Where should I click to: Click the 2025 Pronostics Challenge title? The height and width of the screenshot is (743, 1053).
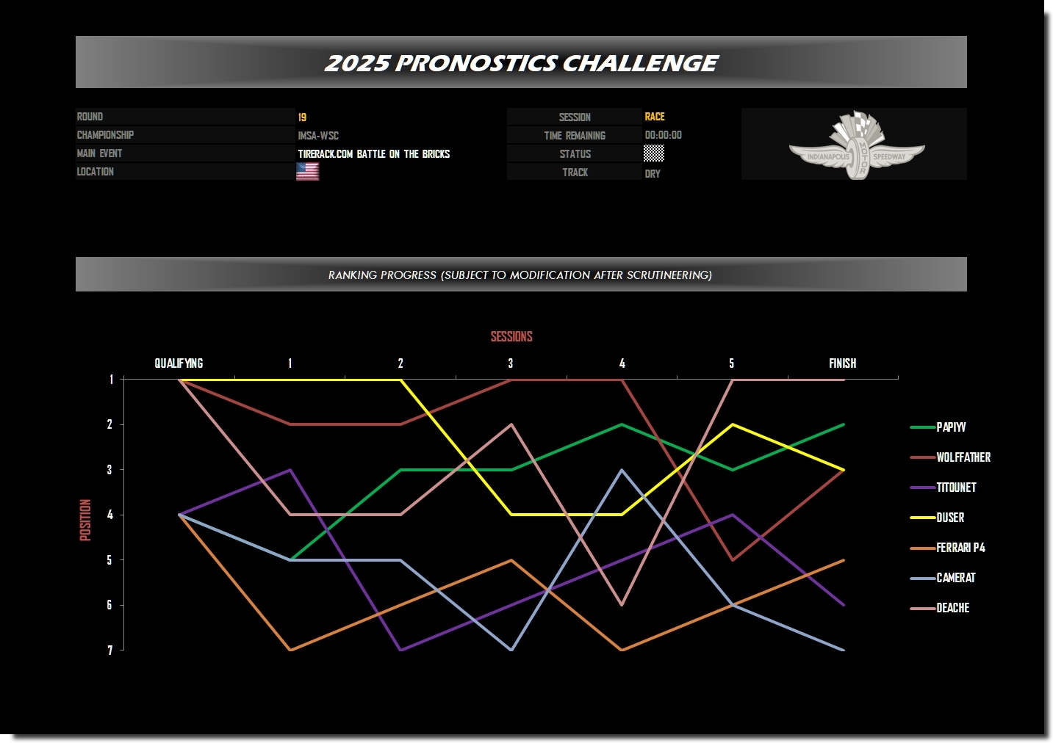coord(521,63)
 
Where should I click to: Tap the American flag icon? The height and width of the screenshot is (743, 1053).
coord(307,171)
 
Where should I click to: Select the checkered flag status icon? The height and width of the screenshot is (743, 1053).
coord(653,153)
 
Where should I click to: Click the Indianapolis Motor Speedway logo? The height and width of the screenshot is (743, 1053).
coord(857,145)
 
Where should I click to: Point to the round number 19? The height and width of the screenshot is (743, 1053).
coord(302,117)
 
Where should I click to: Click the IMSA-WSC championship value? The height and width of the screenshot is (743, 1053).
coord(318,136)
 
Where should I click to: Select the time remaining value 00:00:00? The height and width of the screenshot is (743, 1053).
coord(663,135)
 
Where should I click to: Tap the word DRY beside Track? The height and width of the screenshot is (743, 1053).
coord(653,174)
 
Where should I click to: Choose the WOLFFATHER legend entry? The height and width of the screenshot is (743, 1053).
coord(950,457)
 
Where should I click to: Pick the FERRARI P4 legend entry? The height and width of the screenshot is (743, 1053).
coord(947,548)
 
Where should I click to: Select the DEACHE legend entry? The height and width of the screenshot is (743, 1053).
coord(940,608)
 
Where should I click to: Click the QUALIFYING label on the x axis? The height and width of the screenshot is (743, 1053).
coord(179,363)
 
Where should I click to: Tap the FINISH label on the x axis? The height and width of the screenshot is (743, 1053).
coord(842,363)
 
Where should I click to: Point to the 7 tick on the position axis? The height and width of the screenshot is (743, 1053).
coord(110,650)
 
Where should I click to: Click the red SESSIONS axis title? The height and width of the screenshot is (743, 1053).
coord(511,336)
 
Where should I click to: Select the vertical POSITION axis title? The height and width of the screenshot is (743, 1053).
coord(85,520)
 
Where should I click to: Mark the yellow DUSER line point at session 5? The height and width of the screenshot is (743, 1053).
coord(732,424)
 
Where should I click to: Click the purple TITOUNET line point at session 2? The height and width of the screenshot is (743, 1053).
coord(400,650)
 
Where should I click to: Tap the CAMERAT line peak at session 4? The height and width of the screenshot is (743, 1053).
coord(622,470)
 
